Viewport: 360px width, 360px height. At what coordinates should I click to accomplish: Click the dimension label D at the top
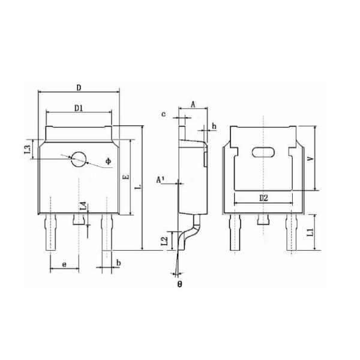click(79, 88)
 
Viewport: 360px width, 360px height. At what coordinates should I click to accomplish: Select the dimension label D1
click(79, 108)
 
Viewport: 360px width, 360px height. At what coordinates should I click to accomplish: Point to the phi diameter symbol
click(108, 161)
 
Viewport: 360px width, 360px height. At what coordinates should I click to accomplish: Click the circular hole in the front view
click(79, 158)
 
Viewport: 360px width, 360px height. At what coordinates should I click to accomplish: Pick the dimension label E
click(124, 178)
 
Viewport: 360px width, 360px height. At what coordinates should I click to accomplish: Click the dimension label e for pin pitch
click(64, 263)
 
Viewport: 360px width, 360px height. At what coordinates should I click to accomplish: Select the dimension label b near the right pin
click(119, 263)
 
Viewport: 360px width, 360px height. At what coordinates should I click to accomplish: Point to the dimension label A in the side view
click(193, 104)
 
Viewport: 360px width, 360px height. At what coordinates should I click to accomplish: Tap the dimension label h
click(214, 127)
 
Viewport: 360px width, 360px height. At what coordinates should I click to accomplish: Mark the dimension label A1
click(160, 179)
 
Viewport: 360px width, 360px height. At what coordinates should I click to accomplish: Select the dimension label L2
click(164, 241)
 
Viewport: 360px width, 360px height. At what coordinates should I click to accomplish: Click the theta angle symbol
click(179, 283)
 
